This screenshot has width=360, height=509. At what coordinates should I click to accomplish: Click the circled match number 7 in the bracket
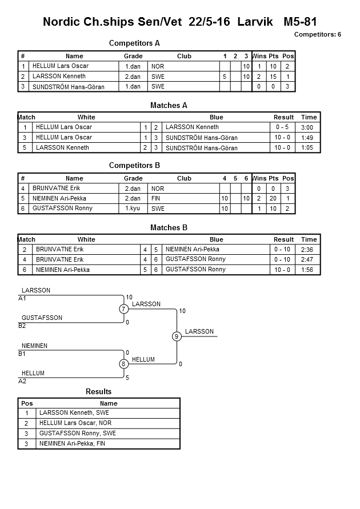coord(123,309)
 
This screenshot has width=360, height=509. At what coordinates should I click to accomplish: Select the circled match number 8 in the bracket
coord(123,364)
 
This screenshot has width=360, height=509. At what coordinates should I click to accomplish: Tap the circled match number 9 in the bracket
coord(177,336)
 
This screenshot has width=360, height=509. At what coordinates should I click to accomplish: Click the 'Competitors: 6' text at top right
coord(317,34)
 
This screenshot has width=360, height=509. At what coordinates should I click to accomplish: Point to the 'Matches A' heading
coord(169,105)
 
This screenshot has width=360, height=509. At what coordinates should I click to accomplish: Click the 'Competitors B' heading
coord(134,166)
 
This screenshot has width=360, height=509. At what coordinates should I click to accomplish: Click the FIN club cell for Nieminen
coord(156,198)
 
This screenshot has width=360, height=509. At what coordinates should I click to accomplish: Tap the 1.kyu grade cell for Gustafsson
coord(133,209)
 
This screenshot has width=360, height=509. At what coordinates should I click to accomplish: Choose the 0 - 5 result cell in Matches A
coord(282,127)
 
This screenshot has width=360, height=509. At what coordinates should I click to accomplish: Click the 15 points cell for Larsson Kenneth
coord(273,77)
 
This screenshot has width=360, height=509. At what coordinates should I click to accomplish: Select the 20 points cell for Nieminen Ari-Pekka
coord(273,198)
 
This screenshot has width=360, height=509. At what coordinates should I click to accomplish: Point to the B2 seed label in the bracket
coord(22,326)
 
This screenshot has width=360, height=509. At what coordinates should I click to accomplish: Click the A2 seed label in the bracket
coord(22,381)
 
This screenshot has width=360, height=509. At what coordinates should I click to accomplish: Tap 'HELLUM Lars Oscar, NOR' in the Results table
coord(75,423)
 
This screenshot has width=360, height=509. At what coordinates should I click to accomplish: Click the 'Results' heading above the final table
coord(99,392)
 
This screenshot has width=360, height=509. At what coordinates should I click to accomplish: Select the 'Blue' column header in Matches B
coord(216,240)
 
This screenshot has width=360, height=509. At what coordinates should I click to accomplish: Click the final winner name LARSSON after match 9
coord(199,331)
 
